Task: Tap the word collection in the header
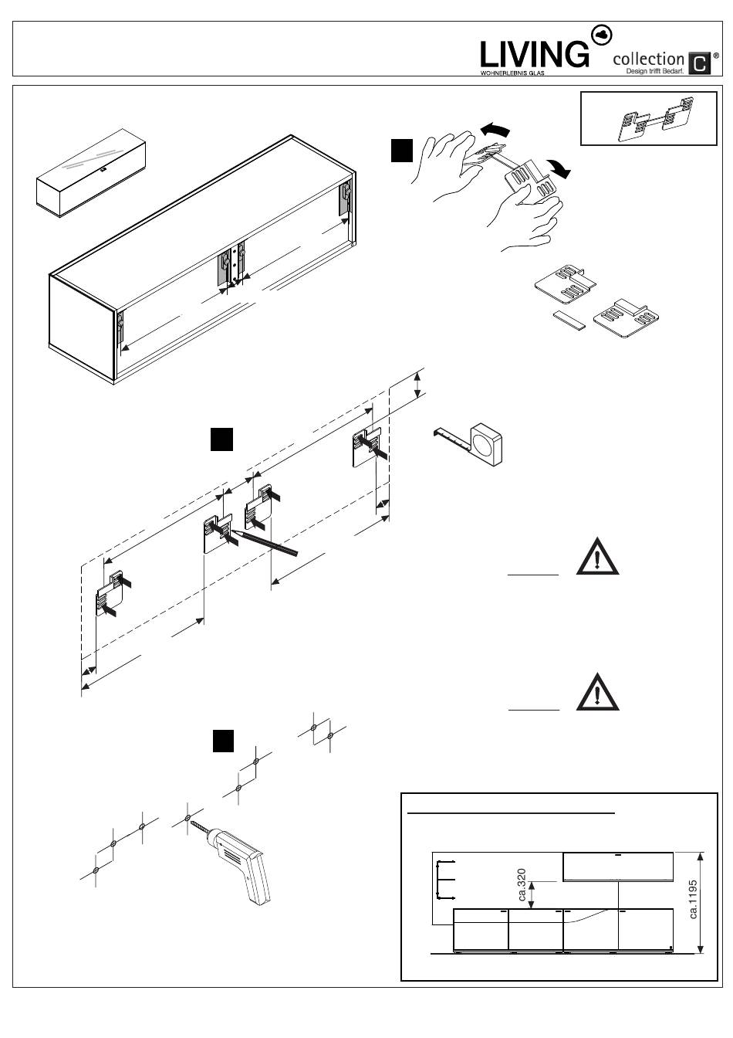coord(648,59)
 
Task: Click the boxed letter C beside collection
coord(698,63)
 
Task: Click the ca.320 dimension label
coord(522,885)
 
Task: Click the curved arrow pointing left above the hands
coord(495,129)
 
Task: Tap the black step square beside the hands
coord(401,151)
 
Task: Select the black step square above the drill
coord(224,741)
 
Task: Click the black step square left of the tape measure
coord(221,438)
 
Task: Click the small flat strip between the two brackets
coord(569,318)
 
